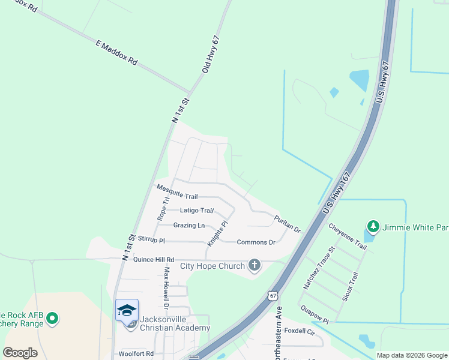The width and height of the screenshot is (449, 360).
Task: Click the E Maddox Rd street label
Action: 116,53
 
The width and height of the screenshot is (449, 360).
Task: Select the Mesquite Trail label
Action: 177,192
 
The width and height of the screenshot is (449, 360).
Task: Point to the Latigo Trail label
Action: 197,211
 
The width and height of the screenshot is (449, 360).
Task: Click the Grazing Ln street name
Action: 188,226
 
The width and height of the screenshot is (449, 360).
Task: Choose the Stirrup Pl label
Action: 151,239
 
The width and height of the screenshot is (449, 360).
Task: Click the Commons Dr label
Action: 256,242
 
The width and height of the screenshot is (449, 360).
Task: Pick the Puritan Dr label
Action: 288,224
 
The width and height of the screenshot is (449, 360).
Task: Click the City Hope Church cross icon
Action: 255,265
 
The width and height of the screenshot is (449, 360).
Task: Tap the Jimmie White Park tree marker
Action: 373,226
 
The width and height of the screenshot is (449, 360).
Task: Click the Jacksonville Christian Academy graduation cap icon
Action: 127,310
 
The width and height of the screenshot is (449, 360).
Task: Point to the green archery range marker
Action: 52,318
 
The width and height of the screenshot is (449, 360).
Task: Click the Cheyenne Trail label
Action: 348,237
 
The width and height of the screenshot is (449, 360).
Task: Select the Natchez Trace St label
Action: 318,268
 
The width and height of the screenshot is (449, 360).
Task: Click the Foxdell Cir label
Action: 300,331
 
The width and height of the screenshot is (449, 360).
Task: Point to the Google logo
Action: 20,353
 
